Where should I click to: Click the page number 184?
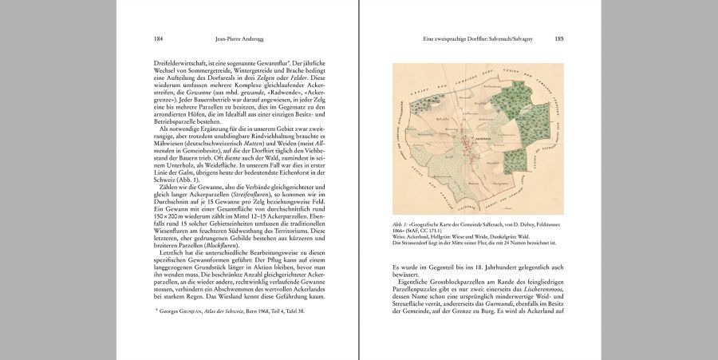[x=159, y=38]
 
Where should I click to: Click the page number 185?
[x=558, y=38]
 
